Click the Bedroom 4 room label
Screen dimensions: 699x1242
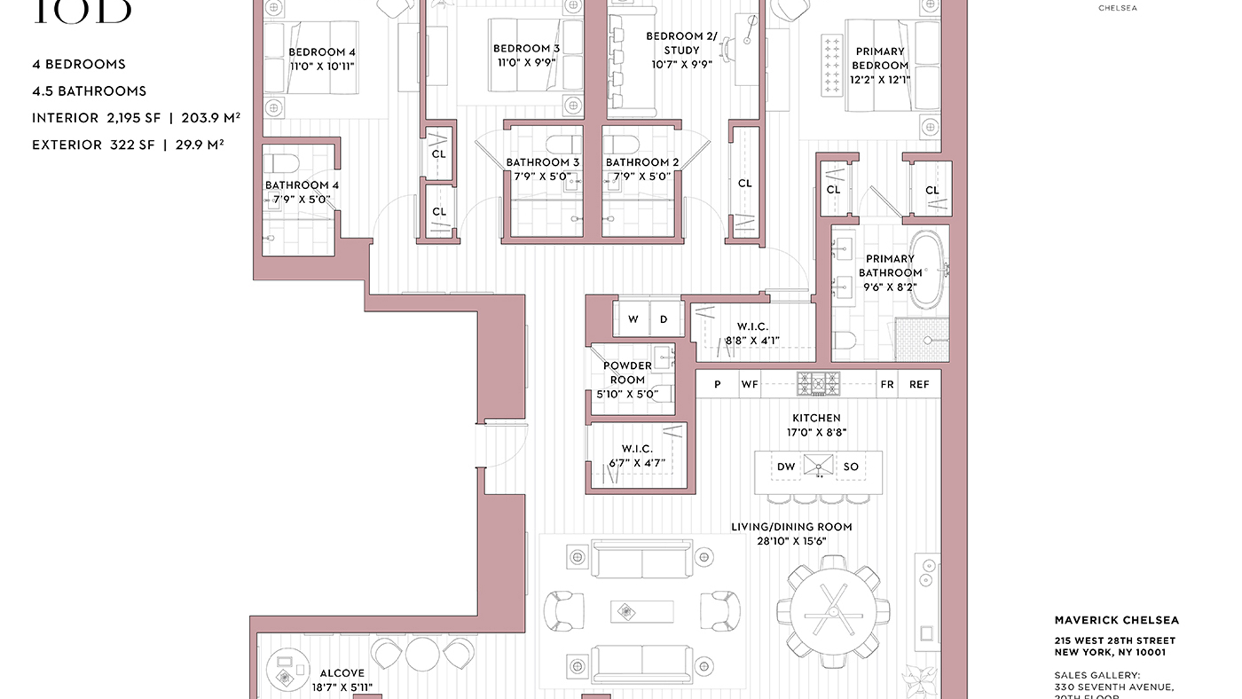(321, 52)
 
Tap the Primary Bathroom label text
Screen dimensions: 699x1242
(889, 266)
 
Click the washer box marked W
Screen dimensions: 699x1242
(633, 319)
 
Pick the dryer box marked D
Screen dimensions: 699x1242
(664, 319)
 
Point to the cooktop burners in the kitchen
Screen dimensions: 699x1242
(818, 384)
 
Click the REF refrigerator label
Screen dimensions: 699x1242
(919, 384)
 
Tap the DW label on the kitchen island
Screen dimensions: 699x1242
(786, 467)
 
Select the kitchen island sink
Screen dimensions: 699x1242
(818, 465)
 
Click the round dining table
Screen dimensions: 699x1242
(833, 611)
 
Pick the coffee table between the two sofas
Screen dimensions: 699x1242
(641, 612)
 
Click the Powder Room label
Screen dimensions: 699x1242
(627, 373)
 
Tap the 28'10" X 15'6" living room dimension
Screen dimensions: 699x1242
(791, 541)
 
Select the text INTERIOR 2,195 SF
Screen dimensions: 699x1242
(96, 118)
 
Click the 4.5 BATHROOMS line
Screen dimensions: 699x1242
(89, 91)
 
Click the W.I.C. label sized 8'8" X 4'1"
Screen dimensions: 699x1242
(752, 327)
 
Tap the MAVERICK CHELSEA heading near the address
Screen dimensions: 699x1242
(1117, 620)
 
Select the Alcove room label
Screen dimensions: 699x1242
(342, 673)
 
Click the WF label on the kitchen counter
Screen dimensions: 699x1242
(749, 384)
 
